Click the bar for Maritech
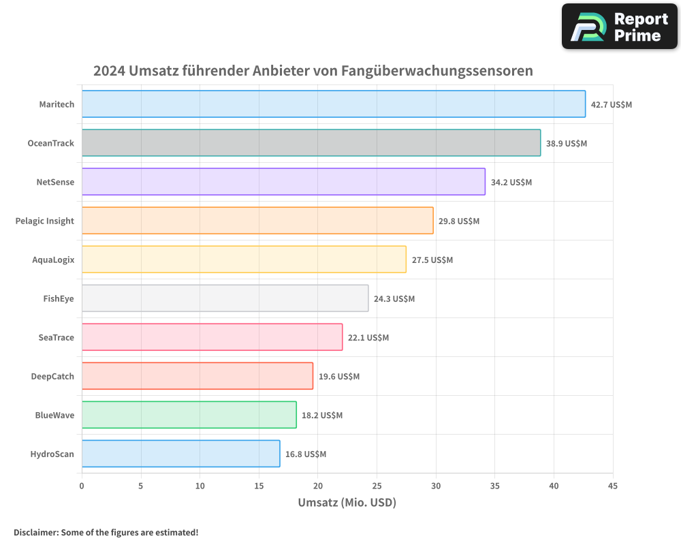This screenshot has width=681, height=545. pos(334,104)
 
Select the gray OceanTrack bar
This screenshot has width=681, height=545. pos(311,143)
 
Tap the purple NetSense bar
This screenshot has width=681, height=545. pos(283,182)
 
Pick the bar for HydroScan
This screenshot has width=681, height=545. pos(180,454)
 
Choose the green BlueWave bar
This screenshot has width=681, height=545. pos(189,415)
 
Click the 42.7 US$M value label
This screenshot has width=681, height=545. pos(612,105)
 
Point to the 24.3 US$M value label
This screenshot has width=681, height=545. pos(394,299)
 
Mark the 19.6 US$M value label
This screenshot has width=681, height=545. pos(339,377)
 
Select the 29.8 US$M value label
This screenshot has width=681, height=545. pos(459,221)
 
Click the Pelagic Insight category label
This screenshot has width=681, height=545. pos(45,221)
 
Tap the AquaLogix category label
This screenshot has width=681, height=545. pos(53,260)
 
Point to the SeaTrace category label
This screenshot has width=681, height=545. pos(57,337)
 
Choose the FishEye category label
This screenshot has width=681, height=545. pos(59,298)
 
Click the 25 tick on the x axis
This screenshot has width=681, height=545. pos(377,486)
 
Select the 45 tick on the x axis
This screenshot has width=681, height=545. pos(613,486)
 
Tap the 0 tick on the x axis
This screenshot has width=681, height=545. pos(82,486)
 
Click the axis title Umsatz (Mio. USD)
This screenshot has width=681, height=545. pos(347,503)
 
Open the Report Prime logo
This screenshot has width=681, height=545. pos(620,27)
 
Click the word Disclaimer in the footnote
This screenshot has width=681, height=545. pos(35,532)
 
